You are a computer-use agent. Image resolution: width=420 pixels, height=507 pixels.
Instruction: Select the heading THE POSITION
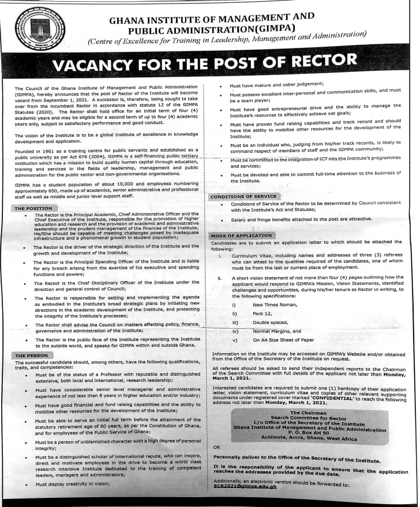tap(33, 208)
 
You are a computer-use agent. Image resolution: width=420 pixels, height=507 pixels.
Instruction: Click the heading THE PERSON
tap(32, 356)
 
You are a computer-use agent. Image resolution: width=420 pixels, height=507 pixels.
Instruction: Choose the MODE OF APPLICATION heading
tap(241, 236)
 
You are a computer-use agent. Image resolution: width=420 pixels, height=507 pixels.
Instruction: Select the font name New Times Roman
tap(275, 304)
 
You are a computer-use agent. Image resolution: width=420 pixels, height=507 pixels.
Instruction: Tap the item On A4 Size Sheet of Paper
tap(284, 340)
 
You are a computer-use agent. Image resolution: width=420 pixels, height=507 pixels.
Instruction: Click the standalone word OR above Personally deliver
tap(216, 447)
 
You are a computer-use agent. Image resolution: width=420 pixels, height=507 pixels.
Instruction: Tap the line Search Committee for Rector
tap(309, 418)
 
